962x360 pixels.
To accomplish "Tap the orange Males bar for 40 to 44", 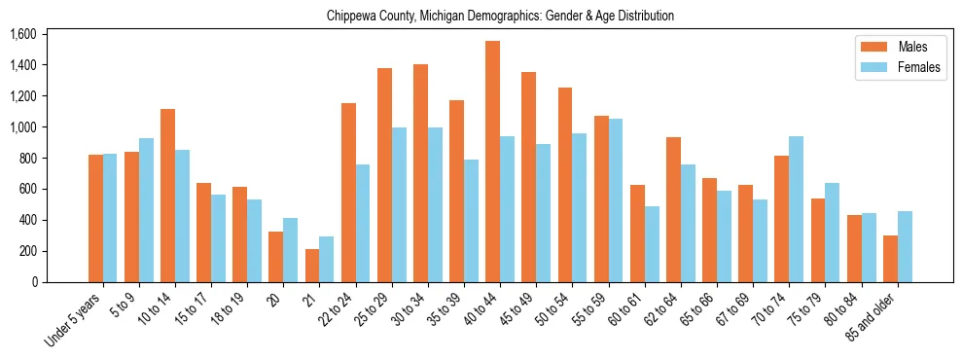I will click(x=492, y=162).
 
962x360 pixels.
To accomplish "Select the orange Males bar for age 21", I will click(x=312, y=266).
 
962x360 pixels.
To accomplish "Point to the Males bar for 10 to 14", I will click(x=167, y=196).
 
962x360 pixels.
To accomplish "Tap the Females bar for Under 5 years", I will click(x=110, y=218).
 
